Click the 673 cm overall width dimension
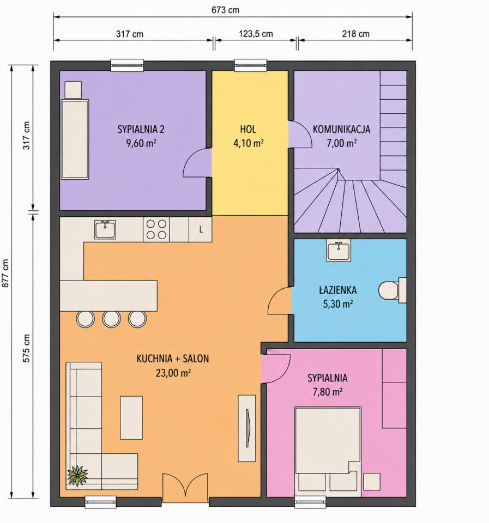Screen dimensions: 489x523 [x=225, y=10]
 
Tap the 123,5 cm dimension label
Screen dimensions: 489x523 [x=256, y=34]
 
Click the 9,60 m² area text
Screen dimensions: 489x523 [x=141, y=143]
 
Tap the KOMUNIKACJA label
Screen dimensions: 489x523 [x=341, y=129]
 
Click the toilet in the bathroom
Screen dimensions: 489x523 [x=393, y=290]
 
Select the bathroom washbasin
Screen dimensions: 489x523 [x=339, y=252]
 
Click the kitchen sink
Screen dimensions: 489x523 [x=105, y=229]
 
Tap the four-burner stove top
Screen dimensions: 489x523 [x=156, y=229]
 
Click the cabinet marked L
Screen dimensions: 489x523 [x=200, y=229]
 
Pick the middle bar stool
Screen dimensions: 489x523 [x=111, y=319]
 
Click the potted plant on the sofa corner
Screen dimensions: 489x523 [x=78, y=475]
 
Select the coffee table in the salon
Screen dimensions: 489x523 [x=131, y=418]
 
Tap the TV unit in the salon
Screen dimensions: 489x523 [x=247, y=428]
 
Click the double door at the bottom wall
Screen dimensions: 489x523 [x=185, y=488]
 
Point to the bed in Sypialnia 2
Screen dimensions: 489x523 [x=75, y=139]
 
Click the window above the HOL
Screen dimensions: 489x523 [x=251, y=65]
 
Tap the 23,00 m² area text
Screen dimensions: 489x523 [x=173, y=373]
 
